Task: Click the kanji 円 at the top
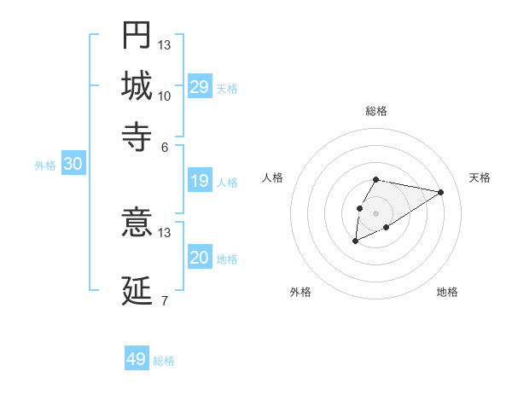pos(137,35)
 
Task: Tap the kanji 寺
pos(137,134)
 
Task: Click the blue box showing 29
pos(200,87)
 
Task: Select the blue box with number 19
pos(200,181)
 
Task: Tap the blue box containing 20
pos(200,258)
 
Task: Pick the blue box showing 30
pos(73,165)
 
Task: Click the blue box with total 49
pos(137,359)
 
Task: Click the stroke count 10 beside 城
pos(165,96)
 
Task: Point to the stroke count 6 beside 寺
pos(165,146)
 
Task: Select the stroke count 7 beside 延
pos(165,301)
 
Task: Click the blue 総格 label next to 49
pos(165,361)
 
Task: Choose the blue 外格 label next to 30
pos(45,166)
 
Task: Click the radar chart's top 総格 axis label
pos(376,111)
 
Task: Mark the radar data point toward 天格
pos(441,192)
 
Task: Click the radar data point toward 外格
pos(355,241)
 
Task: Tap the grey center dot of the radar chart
pos(375,212)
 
